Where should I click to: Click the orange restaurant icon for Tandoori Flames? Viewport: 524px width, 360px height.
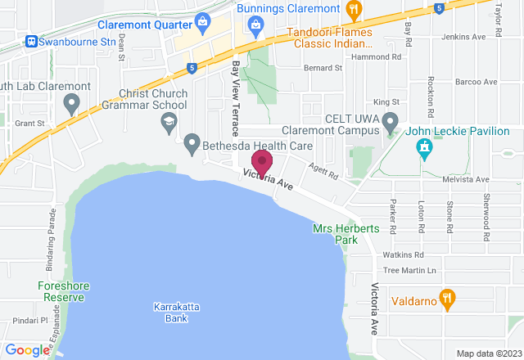(354, 11)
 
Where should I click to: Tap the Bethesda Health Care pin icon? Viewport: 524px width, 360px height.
(192, 144)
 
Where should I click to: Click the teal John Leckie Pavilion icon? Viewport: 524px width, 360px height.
(424, 147)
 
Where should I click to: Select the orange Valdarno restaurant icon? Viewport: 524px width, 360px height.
(447, 299)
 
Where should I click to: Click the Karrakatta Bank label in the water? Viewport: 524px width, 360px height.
(171, 312)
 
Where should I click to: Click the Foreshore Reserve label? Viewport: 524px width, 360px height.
(61, 291)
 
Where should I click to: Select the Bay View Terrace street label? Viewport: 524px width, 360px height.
(236, 99)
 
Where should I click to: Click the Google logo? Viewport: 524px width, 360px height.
(26, 350)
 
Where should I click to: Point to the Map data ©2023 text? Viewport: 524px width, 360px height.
(488, 353)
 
